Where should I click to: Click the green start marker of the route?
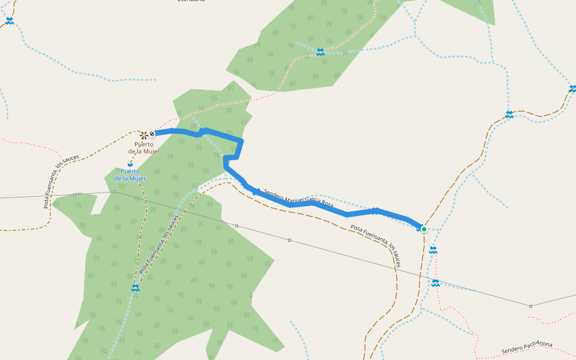[x=424, y=229]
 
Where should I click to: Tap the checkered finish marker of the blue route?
[x=152, y=134]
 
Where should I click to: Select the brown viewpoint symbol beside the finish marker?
[x=144, y=134]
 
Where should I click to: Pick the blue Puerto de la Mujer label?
[x=130, y=175]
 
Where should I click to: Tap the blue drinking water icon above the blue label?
[x=130, y=164]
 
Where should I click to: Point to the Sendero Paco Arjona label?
[x=527, y=347]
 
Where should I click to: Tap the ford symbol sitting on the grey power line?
[x=436, y=283]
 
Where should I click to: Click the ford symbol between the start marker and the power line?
[x=433, y=250]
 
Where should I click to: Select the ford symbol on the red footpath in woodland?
[x=320, y=52]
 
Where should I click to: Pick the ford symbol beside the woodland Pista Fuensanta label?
[x=136, y=288]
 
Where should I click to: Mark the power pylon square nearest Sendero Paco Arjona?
[x=530, y=306]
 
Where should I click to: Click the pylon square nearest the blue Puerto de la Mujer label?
[x=114, y=191]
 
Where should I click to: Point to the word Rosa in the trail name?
[x=326, y=204]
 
